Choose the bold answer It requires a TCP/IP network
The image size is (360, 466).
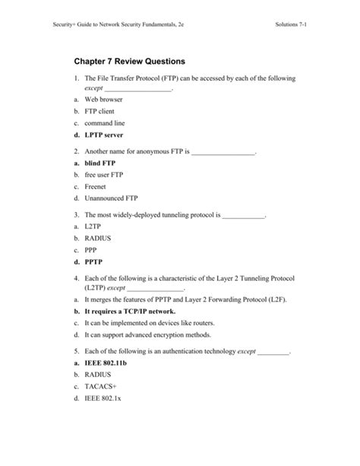[x=130, y=312]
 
